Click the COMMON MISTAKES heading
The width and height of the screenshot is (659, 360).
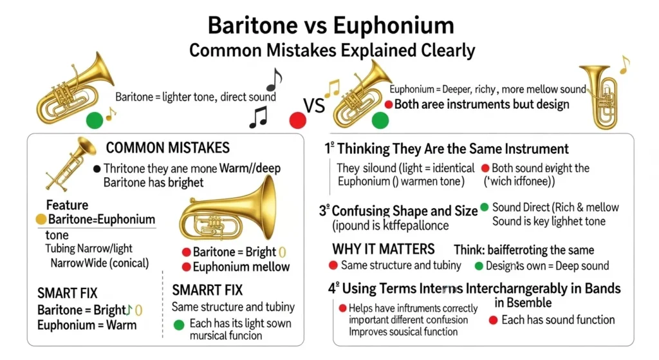coord(167,148)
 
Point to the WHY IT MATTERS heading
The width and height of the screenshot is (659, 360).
coord(384,249)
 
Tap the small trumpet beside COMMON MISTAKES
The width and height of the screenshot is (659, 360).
coord(70,160)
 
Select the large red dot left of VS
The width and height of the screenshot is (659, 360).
coord(297,120)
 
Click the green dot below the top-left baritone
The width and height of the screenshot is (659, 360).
coord(95,120)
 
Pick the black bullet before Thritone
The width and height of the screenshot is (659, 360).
coord(97,169)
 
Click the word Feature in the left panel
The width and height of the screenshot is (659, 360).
coord(67,205)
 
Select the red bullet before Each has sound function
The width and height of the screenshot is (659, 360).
coord(492,320)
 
